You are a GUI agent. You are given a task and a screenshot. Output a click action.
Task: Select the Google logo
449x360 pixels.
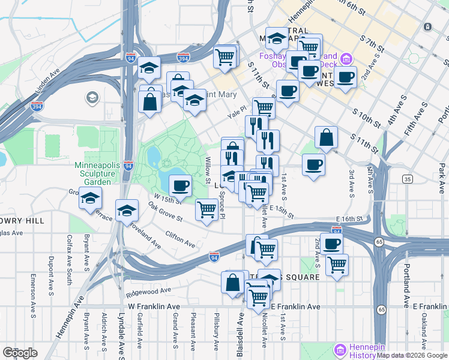coord(20,353)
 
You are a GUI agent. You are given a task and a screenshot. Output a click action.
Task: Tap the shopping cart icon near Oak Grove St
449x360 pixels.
coord(206,210)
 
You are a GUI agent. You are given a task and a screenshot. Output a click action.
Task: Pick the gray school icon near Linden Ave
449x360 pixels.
coord(92,97)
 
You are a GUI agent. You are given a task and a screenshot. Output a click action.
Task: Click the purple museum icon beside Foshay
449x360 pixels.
coord(346,59)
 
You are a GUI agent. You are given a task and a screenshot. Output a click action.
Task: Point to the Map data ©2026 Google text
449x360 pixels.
coord(412,355)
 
